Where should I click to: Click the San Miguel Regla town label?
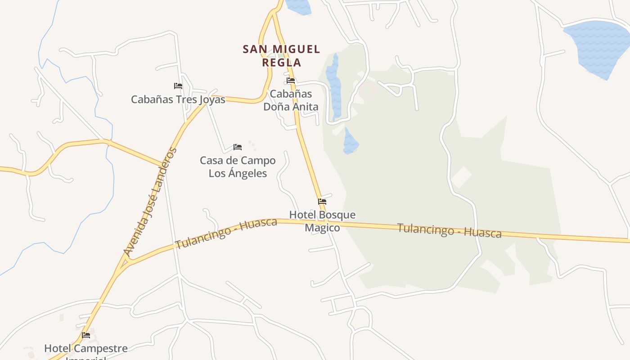tap(281, 55)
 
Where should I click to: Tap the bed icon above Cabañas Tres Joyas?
tap(178, 86)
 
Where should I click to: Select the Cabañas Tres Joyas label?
tap(178, 99)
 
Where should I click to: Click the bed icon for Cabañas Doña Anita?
tap(291, 81)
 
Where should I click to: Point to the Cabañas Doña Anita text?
tap(291, 100)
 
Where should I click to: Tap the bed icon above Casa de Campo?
tap(238, 147)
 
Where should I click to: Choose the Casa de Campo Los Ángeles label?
tap(238, 167)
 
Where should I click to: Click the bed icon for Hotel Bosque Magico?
tap(322, 202)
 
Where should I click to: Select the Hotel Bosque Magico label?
tap(322, 221)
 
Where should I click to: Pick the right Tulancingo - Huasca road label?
tap(449, 230)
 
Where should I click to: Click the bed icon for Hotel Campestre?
tap(86, 335)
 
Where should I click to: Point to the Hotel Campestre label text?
tap(86, 349)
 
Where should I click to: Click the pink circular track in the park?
tap(368, 91)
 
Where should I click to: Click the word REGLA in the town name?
tap(281, 62)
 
